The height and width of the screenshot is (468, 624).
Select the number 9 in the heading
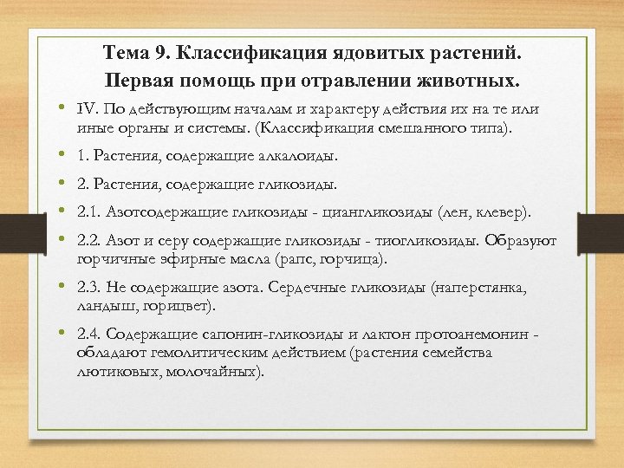coord(160,55)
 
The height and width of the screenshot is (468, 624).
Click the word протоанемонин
coord(475,334)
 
